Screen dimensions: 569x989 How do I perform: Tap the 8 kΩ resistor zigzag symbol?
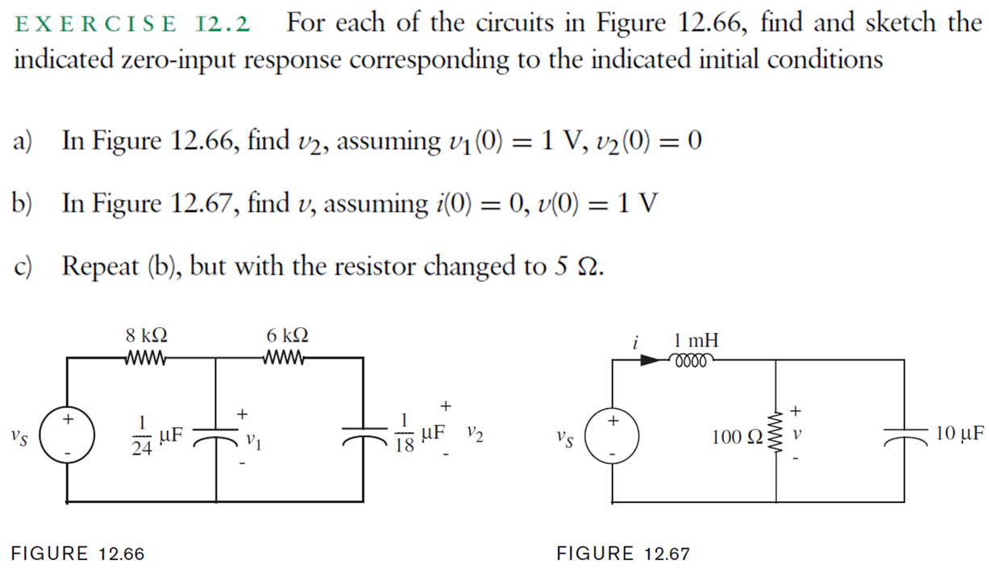pyautogui.click(x=148, y=358)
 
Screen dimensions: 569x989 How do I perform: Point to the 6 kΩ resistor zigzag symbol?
pyautogui.click(x=285, y=358)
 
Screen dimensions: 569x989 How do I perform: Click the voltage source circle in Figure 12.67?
pyautogui.click(x=613, y=438)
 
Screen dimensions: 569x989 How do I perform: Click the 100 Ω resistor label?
pyautogui.click(x=737, y=438)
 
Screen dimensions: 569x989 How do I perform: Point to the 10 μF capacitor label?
pyautogui.click(x=960, y=434)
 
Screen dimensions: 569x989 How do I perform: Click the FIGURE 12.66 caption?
pyautogui.click(x=77, y=554)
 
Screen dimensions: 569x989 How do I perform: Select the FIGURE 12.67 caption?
pyautogui.click(x=623, y=554)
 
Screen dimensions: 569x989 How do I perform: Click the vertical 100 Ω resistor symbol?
pyautogui.click(x=777, y=436)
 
